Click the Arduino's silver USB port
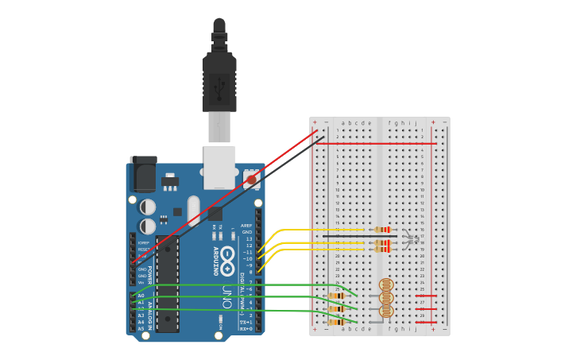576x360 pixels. click(x=219, y=167)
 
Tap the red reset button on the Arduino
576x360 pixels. click(x=252, y=180)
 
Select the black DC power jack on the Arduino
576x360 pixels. click(x=143, y=174)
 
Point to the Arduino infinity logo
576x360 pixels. click(x=228, y=256)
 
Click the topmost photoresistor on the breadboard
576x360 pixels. click(x=386, y=285)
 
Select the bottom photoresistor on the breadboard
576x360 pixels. click(x=386, y=311)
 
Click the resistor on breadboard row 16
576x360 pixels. click(x=383, y=230)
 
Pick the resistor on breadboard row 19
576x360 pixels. click(x=383, y=250)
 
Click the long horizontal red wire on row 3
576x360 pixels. click(x=381, y=144)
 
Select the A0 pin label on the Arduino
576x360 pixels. click(x=141, y=296)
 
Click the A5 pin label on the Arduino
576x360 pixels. click(x=141, y=328)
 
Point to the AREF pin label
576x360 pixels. click(x=247, y=226)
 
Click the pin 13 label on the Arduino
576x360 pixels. click(x=249, y=238)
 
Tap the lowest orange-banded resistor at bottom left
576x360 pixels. click(x=336, y=322)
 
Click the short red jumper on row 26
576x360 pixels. click(x=427, y=296)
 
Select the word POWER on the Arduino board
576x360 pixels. click(x=149, y=275)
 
